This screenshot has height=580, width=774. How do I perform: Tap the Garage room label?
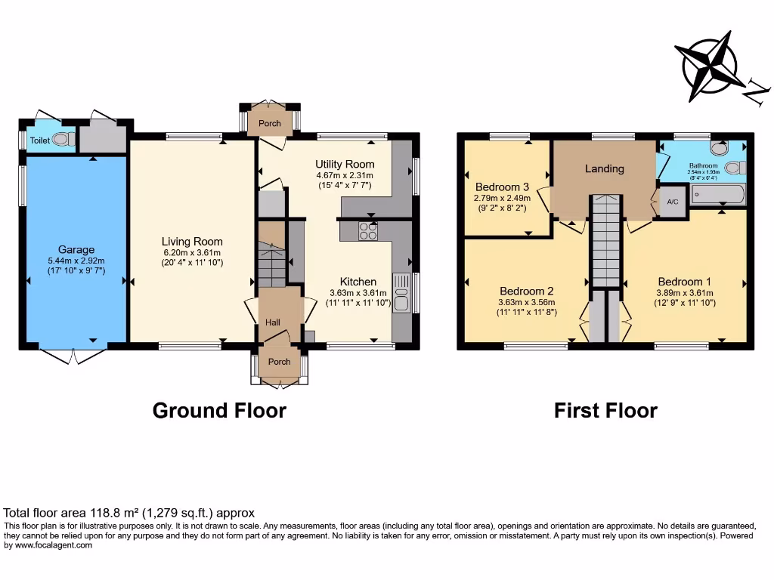[x=76, y=250]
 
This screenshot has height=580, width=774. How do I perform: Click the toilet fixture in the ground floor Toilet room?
[x=67, y=139]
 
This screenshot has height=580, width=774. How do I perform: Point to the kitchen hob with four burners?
[x=368, y=231]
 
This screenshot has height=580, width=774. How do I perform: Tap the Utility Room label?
[x=345, y=164]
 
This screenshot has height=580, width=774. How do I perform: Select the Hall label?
[x=273, y=322]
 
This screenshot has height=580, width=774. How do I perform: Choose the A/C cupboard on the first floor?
[x=672, y=202]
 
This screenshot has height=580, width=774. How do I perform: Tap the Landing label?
[x=605, y=168]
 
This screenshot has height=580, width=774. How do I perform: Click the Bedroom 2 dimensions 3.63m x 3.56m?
[x=526, y=303]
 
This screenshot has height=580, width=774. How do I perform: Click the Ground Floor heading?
[x=219, y=411]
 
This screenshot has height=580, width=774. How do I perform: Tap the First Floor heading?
[x=605, y=411]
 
